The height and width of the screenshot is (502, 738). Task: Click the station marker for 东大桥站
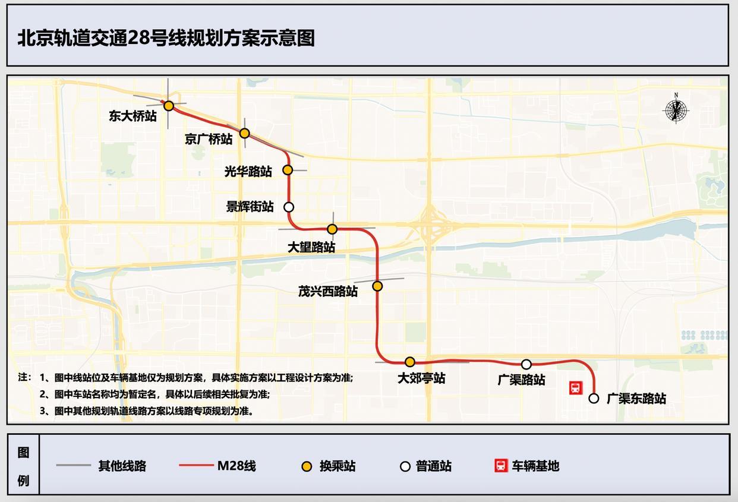169,106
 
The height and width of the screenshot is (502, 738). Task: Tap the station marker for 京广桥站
244,133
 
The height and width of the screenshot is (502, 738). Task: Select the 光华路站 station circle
288,170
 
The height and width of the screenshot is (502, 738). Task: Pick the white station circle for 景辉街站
289,207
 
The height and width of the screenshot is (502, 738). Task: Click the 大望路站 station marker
332,229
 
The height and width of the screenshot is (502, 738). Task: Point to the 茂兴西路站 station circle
377,286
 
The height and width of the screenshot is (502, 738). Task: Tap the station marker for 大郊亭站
409,362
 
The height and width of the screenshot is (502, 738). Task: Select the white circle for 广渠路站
526,364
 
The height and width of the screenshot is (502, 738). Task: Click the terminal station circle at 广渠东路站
594,398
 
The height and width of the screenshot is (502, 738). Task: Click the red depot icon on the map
575,388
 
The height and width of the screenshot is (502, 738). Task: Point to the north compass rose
676,110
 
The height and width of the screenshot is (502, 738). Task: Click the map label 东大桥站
133,116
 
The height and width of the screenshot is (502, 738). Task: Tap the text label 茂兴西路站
328,291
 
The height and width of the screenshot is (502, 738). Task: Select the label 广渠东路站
636,399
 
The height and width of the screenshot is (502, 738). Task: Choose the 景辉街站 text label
250,207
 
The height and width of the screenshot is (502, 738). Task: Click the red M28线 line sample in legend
196,466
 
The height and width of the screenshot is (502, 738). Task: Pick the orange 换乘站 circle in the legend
307,466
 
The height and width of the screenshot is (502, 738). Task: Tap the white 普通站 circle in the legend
405,466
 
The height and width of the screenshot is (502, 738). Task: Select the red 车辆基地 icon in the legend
501,466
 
